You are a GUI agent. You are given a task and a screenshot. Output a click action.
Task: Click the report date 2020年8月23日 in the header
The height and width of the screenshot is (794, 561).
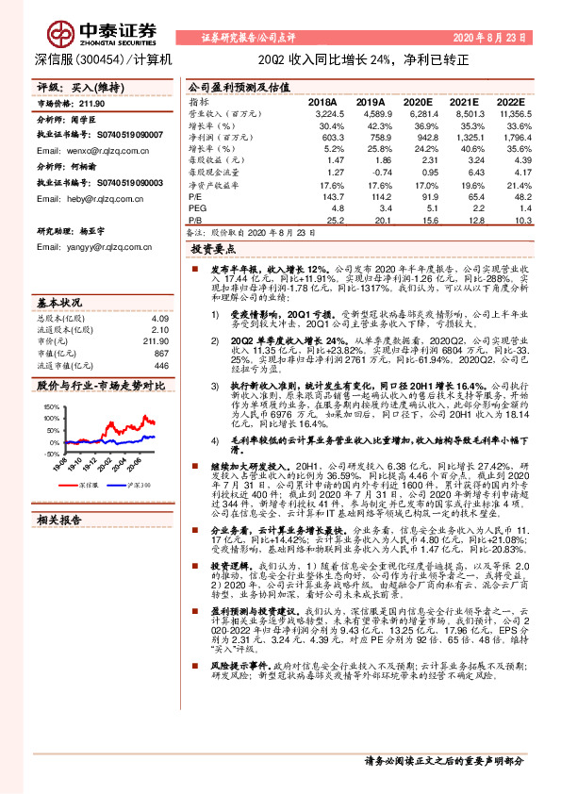pos(491,37)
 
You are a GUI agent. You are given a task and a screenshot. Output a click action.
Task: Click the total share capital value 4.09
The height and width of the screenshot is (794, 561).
pos(159,319)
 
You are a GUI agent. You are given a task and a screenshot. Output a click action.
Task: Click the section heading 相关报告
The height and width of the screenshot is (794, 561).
pos(61,520)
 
